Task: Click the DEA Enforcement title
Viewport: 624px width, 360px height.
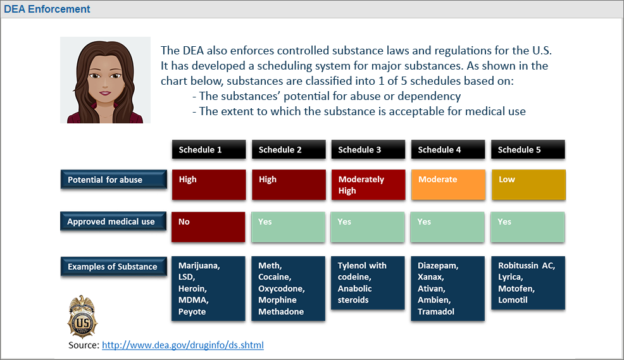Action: [47, 9]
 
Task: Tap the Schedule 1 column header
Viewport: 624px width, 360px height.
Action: [209, 149]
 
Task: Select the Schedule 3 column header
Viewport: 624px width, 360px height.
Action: [368, 149]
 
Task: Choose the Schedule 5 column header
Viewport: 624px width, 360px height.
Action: [528, 149]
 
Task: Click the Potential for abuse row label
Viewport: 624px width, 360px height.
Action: [113, 180]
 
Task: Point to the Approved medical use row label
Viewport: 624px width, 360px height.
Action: [113, 221]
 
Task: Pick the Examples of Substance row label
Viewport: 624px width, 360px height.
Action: [113, 266]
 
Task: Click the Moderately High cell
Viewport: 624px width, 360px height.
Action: [368, 185]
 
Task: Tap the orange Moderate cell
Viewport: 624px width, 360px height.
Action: [449, 185]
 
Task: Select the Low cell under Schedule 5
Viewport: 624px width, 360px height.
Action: [528, 185]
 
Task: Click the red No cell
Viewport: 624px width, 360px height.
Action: [208, 227]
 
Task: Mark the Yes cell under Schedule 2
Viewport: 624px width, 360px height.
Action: [288, 227]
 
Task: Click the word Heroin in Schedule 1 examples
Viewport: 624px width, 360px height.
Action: [192, 289]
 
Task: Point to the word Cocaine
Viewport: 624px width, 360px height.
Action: [275, 277]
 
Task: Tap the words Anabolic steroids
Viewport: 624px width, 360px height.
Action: [354, 294]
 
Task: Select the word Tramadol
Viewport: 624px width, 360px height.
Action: [436, 311]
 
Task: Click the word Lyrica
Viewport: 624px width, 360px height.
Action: [510, 277]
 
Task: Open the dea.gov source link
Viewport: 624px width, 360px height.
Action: [183, 345]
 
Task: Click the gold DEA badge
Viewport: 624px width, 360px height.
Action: [82, 316]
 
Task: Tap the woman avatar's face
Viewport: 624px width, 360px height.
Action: [105, 80]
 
